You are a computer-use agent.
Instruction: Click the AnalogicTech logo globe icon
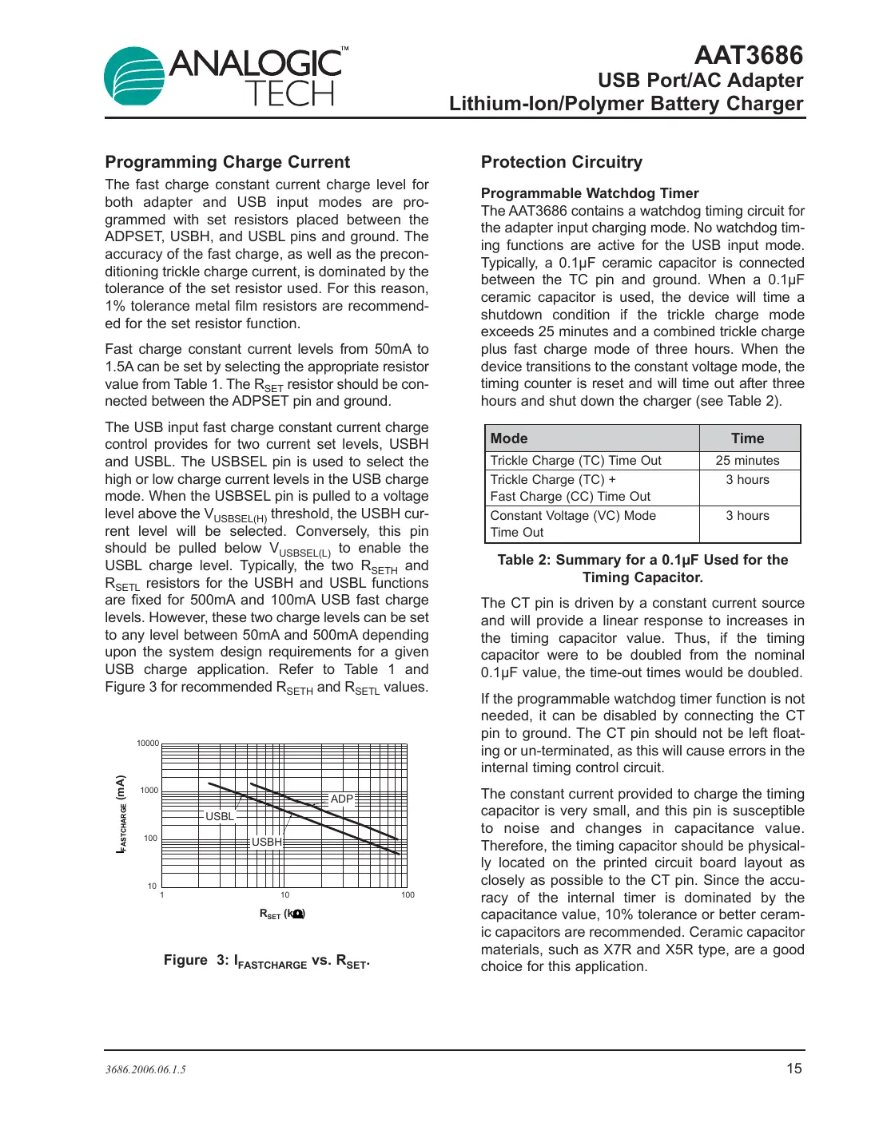point(134,77)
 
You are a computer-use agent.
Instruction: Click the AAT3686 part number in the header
point(748,55)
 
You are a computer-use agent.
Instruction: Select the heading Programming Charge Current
point(227,162)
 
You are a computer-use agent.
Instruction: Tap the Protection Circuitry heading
point(561,162)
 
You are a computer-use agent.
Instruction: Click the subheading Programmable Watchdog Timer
point(589,193)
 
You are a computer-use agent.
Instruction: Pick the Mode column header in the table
point(509,438)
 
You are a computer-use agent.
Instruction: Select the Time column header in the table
point(747,438)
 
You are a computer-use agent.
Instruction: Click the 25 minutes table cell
point(747,461)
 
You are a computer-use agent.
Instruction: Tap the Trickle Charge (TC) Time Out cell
point(575,461)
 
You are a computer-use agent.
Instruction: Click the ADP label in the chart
point(342,799)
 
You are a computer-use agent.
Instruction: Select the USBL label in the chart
point(220,816)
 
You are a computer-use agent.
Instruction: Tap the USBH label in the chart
point(267,842)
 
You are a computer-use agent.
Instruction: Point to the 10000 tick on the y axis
point(148,743)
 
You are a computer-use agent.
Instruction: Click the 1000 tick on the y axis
point(149,791)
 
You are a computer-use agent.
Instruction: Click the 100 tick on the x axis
point(408,895)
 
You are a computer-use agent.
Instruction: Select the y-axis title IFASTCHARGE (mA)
point(121,814)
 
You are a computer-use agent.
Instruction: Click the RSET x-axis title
point(282,914)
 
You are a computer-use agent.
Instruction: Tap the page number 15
point(794,1069)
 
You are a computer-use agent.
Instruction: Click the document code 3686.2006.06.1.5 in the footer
point(145,1070)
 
